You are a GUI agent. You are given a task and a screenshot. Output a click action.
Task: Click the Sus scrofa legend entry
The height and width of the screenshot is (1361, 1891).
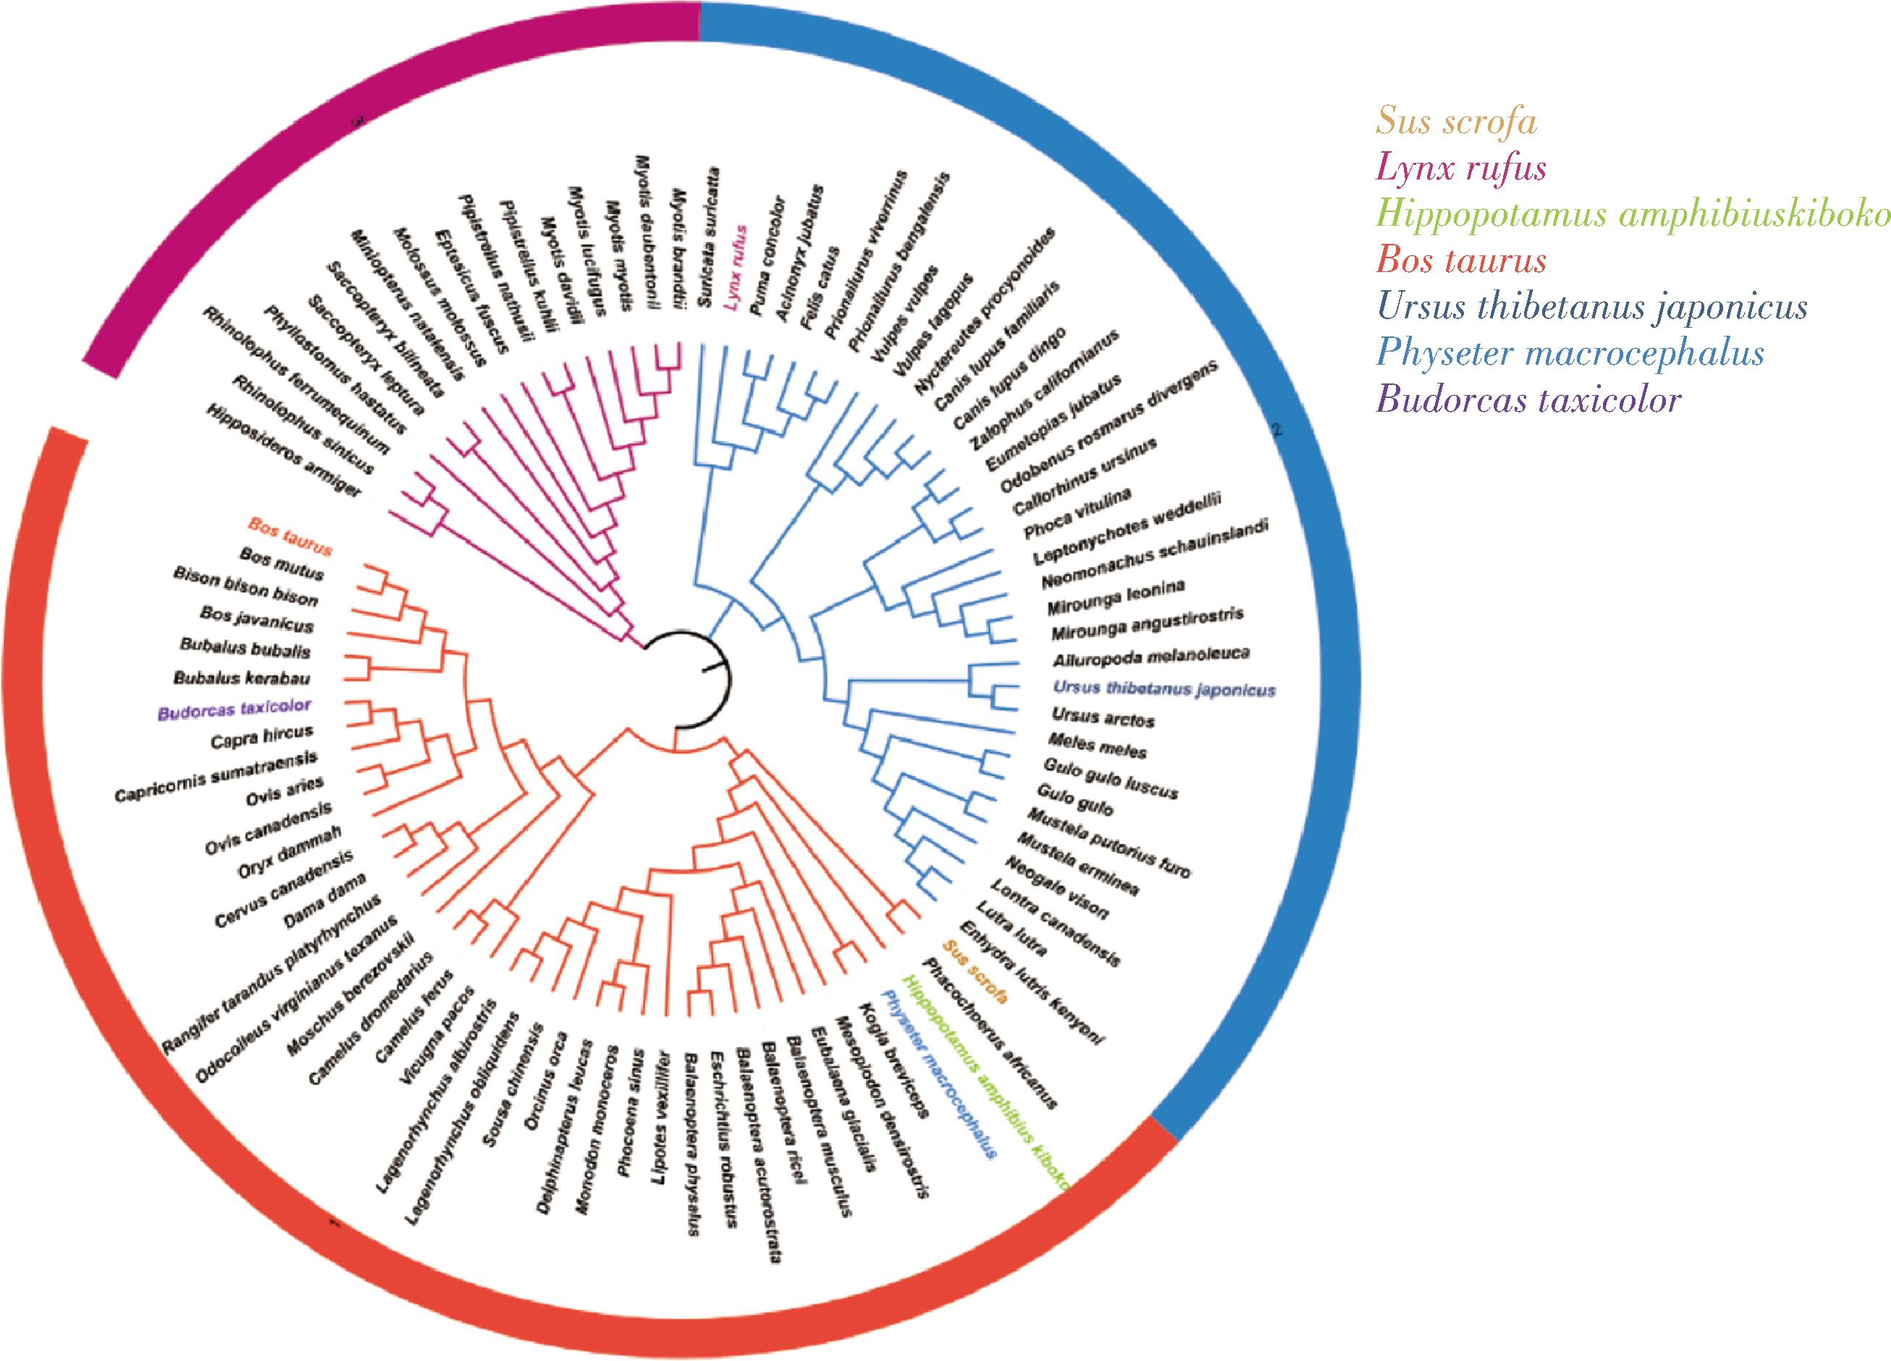[1456, 122]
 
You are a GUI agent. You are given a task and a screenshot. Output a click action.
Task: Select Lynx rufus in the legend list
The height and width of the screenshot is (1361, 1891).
[1461, 169]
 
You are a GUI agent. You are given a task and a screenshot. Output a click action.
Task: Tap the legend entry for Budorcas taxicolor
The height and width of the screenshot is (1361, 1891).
[1528, 400]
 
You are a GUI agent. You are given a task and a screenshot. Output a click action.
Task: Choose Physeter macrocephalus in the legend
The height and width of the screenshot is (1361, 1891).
[1570, 353]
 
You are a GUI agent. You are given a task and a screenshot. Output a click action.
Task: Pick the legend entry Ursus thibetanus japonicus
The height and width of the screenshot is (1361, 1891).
[1591, 307]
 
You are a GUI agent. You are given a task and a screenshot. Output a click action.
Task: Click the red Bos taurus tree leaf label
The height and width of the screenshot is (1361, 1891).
[290, 537]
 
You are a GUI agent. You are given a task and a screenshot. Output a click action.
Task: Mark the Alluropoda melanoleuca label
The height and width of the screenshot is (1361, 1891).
[1151, 657]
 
